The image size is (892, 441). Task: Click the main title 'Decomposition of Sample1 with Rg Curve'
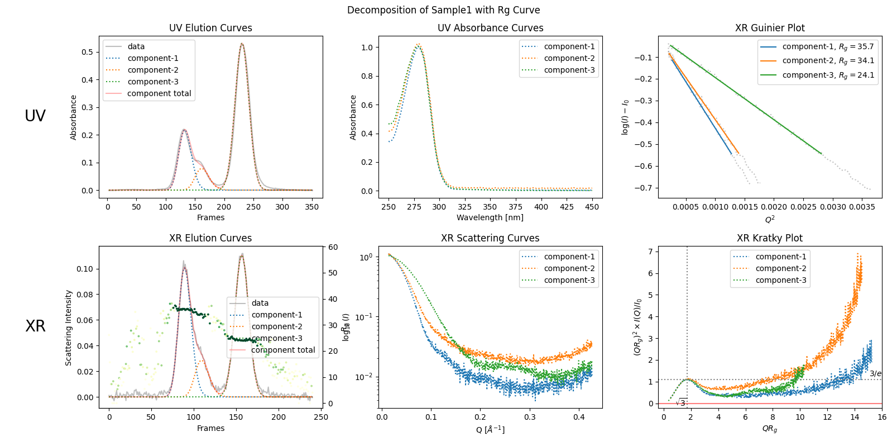pyautogui.click(x=443, y=10)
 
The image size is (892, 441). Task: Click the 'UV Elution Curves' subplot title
pyautogui.click(x=210, y=28)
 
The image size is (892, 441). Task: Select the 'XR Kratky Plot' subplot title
pyautogui.click(x=769, y=238)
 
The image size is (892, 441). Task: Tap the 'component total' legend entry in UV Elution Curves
pyautogui.click(x=159, y=93)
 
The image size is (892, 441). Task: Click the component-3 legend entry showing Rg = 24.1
pyautogui.click(x=828, y=75)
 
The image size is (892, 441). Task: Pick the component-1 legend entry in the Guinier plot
pyautogui.click(x=828, y=47)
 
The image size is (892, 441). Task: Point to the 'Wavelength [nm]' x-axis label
pyautogui.click(x=490, y=217)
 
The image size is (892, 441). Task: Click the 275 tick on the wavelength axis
pyautogui.click(x=414, y=207)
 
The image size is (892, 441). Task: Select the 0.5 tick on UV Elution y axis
pyautogui.click(x=87, y=52)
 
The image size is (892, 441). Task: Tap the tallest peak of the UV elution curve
pyautogui.click(x=242, y=44)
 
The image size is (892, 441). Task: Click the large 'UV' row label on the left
pyautogui.click(x=35, y=116)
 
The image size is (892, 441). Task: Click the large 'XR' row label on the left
pyautogui.click(x=35, y=326)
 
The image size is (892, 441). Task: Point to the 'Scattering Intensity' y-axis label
pyautogui.click(x=69, y=328)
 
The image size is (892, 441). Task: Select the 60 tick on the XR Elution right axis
pyautogui.click(x=333, y=247)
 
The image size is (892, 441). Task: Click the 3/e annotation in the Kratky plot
pyautogui.click(x=875, y=373)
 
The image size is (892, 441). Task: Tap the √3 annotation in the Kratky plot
pyautogui.click(x=681, y=402)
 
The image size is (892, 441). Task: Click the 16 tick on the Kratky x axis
pyautogui.click(x=881, y=417)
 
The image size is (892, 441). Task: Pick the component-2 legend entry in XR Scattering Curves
pyautogui.click(x=569, y=268)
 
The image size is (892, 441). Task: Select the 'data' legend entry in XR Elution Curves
pyautogui.click(x=260, y=303)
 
